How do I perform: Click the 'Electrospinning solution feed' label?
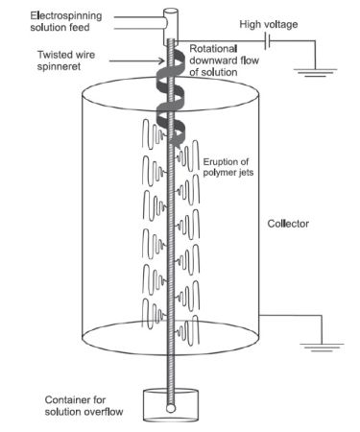click(x=66, y=21)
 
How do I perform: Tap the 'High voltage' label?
click(x=269, y=24)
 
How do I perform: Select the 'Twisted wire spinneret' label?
click(x=66, y=60)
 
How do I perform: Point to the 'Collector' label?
click(x=288, y=224)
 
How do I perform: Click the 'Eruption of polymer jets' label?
click(x=228, y=167)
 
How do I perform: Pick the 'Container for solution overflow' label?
click(x=84, y=405)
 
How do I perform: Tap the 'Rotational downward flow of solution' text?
click(x=225, y=60)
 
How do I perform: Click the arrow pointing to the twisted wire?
click(x=136, y=60)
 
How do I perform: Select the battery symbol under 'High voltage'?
click(x=268, y=41)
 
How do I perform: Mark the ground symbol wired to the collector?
click(x=322, y=348)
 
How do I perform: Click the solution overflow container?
click(x=171, y=405)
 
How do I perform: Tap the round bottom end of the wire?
click(x=171, y=409)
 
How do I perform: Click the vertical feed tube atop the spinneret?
click(x=171, y=27)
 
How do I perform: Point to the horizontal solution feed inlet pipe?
click(x=140, y=23)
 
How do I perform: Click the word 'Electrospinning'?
click(x=66, y=16)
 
